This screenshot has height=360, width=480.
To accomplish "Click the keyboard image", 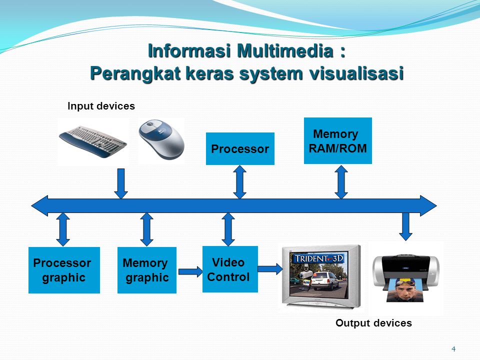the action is [x=93, y=141].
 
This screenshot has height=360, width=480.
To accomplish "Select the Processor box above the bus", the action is [x=240, y=149].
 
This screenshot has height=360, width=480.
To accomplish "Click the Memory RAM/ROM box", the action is [x=337, y=141].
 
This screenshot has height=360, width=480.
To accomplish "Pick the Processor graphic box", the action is [x=64, y=270].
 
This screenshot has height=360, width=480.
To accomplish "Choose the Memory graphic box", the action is [x=147, y=270].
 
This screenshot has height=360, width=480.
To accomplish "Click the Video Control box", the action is [x=230, y=269].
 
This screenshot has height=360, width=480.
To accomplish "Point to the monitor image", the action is [x=321, y=276].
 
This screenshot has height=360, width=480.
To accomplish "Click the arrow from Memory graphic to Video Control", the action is [x=190, y=271].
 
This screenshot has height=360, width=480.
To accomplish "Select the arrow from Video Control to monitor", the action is [x=270, y=269].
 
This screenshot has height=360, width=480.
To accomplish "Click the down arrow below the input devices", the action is [x=121, y=183].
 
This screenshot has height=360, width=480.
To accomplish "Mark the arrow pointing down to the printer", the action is [x=405, y=226].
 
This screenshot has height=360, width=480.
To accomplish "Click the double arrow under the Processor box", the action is [x=239, y=182].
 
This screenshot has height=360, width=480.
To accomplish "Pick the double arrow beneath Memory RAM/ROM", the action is [x=341, y=182].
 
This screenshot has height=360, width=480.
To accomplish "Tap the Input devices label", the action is [x=101, y=106].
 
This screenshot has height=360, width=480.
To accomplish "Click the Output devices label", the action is [x=373, y=323].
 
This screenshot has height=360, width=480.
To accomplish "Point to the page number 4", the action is [x=453, y=349].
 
